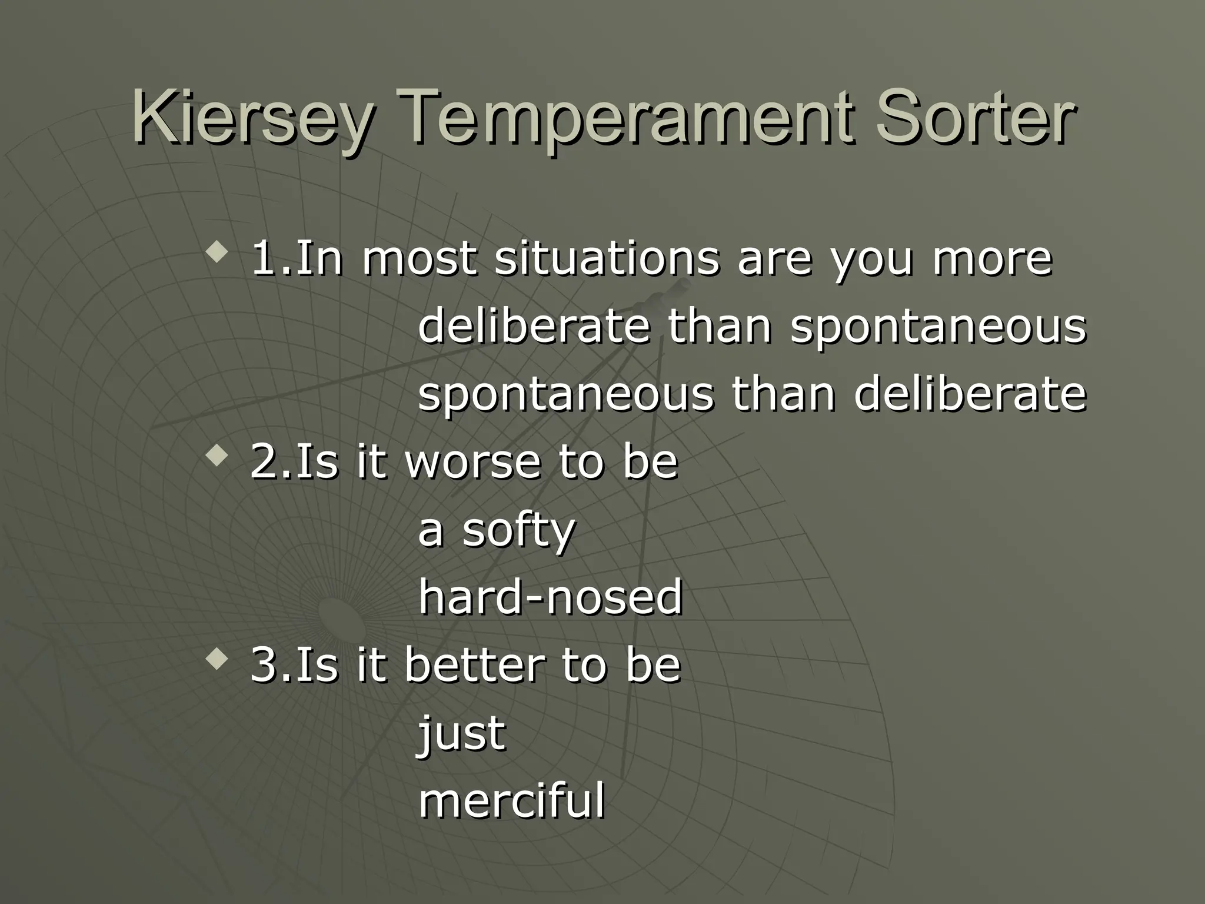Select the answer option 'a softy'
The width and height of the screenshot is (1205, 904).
click(495, 530)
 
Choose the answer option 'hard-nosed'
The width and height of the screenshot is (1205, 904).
click(550, 597)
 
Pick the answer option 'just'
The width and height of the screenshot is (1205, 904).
click(461, 733)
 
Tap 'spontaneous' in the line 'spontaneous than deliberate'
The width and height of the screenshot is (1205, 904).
click(565, 394)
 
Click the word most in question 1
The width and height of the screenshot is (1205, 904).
click(418, 259)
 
